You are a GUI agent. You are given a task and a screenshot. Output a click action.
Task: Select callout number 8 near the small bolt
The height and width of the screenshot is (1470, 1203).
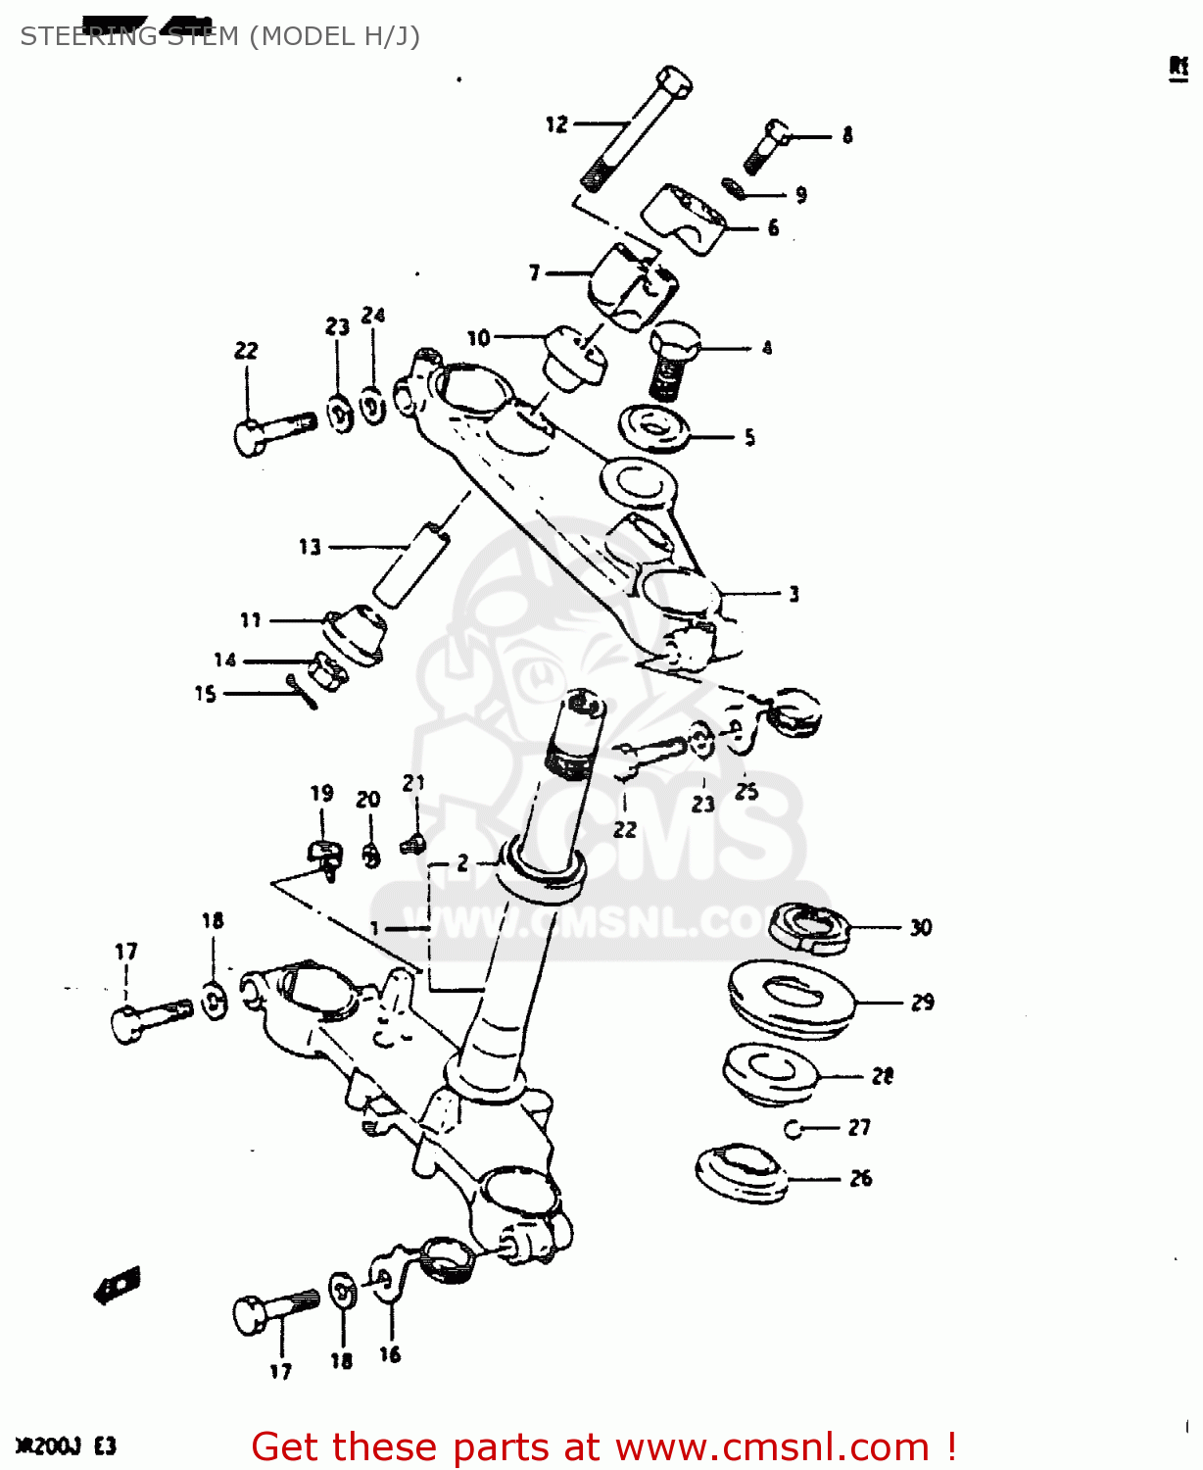(847, 135)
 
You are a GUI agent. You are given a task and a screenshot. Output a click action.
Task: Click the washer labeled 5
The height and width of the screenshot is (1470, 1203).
(653, 427)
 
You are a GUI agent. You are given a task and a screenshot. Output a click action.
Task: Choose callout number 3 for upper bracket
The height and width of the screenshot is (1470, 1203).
(794, 594)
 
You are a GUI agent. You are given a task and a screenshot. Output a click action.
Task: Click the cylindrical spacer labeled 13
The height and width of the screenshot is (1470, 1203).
(409, 566)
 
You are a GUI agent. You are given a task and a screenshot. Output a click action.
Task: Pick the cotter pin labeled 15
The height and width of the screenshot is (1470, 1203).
(303, 690)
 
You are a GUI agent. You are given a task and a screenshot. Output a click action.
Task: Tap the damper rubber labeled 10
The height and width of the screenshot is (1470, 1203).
(574, 359)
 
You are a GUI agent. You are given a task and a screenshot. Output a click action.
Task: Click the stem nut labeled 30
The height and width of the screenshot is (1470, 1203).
(807, 926)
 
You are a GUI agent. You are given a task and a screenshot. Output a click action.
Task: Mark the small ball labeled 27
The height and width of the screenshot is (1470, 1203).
(794, 1129)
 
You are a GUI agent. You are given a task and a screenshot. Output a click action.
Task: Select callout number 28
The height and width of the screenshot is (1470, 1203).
(883, 1076)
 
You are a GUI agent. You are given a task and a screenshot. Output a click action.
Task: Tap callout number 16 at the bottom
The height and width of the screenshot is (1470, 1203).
(390, 1354)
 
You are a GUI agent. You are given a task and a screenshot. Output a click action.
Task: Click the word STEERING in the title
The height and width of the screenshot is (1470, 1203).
(88, 36)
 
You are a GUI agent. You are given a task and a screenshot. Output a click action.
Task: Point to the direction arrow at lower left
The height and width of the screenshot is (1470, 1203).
(118, 1284)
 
